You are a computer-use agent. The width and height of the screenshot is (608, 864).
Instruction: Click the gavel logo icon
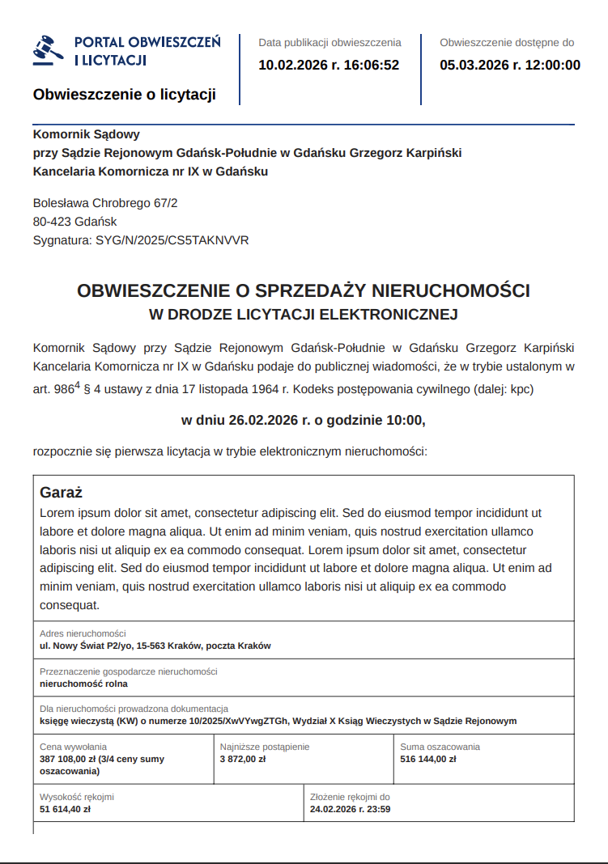click(x=49, y=49)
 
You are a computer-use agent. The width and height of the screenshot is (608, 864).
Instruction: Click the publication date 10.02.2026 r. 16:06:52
click(x=329, y=65)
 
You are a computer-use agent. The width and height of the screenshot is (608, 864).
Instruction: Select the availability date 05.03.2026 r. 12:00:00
click(x=510, y=65)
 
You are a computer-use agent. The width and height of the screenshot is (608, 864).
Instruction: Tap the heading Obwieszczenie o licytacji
click(x=124, y=95)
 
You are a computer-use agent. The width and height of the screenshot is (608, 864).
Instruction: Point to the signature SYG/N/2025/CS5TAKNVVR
click(x=141, y=240)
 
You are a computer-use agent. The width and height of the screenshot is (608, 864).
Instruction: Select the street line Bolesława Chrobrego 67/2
click(x=105, y=203)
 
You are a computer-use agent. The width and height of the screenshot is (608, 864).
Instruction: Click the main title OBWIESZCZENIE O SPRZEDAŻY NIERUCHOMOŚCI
click(x=304, y=290)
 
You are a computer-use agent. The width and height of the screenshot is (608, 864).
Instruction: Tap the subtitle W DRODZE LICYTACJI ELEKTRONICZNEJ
click(x=304, y=314)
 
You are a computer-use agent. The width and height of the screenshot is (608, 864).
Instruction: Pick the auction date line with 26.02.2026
click(x=304, y=420)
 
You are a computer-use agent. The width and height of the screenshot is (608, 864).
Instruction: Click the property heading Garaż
click(x=62, y=493)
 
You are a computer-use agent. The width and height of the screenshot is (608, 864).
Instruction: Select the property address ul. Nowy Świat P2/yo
click(x=155, y=646)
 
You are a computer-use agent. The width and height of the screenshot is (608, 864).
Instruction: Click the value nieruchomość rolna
click(x=83, y=684)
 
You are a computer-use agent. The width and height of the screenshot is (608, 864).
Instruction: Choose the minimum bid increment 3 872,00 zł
click(x=243, y=759)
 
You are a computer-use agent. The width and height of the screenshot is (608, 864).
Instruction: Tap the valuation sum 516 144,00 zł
click(x=428, y=759)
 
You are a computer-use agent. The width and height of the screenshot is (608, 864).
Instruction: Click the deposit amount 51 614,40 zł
click(x=66, y=808)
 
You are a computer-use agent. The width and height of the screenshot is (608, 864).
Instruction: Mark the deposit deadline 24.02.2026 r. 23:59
click(x=351, y=808)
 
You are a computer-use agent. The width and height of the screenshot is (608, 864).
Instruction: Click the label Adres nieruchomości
click(x=83, y=633)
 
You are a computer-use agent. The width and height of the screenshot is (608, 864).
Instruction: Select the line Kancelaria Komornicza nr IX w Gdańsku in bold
click(x=150, y=172)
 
